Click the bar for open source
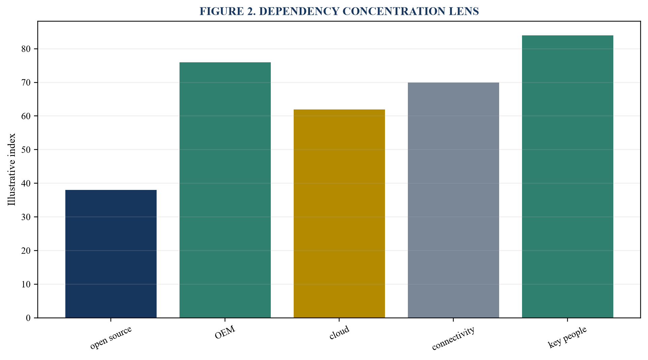tap(111, 254)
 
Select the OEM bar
tap(225, 190)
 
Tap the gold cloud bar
tap(339, 214)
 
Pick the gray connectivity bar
tap(453, 200)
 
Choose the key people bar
tap(568, 176)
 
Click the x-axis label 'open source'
tap(111, 338)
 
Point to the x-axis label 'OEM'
tap(225, 333)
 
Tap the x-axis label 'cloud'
tap(339, 333)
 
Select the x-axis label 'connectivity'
tap(453, 338)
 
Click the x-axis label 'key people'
tap(568, 337)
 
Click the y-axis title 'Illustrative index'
tap(12, 169)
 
